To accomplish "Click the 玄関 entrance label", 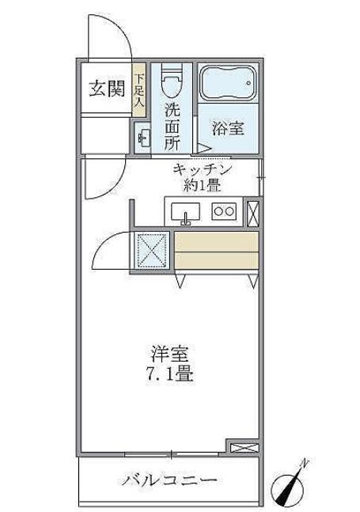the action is [107, 89].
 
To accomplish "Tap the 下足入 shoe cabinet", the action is [139, 90].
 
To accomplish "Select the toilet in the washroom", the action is [172, 81].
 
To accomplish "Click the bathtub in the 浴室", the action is [228, 82].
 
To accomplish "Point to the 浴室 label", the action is [228, 128].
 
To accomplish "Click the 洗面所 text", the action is [172, 127].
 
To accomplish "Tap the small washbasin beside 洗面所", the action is [143, 138].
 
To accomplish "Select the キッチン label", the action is [203, 170].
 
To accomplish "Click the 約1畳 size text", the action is [202, 185].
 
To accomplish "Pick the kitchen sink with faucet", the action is [185, 212].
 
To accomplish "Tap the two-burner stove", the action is [224, 211].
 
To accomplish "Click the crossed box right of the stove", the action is [253, 214].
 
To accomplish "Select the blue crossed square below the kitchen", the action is [151, 250].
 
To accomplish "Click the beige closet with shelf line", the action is [217, 250].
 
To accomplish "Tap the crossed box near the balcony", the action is [244, 448].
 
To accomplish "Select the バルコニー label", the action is [169, 480].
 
